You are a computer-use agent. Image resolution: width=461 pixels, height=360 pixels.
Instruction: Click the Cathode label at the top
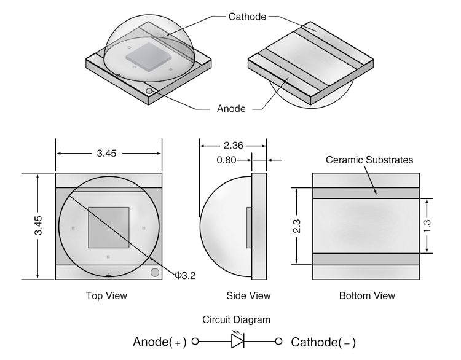246,17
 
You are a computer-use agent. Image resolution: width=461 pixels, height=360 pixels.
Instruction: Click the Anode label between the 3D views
232,109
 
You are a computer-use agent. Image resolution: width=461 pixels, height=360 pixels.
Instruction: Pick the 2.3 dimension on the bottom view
296,225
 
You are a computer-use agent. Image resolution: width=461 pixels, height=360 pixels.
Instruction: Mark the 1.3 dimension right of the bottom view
428,225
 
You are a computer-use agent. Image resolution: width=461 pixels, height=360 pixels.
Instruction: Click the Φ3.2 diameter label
185,276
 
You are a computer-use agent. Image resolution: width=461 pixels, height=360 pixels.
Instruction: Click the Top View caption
106,296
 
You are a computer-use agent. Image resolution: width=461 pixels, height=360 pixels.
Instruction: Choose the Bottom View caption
367,296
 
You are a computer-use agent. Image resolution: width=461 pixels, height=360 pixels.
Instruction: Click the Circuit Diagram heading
237,320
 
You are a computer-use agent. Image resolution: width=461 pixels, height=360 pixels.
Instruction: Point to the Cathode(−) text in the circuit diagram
323,342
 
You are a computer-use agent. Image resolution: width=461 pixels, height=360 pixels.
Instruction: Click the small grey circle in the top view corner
155,272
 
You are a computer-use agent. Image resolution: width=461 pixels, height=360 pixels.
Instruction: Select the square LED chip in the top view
109,227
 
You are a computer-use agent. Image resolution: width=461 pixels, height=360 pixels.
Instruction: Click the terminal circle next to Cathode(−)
278,342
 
